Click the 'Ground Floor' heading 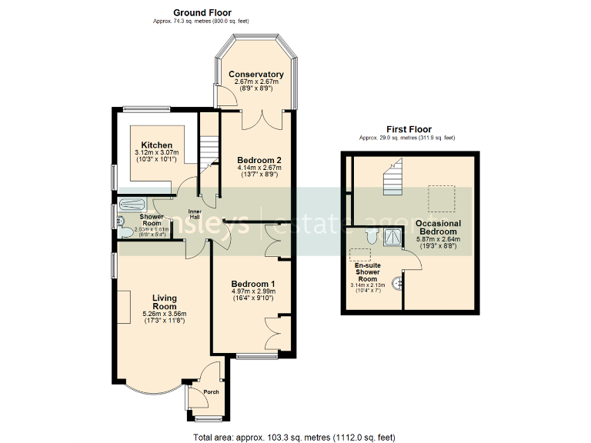[x=202, y=12]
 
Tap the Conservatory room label [x=256, y=75]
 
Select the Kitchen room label [x=156, y=145]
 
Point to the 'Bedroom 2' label [x=256, y=158]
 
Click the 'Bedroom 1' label [x=253, y=284]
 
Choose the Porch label [x=211, y=392]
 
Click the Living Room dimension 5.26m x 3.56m [x=165, y=314]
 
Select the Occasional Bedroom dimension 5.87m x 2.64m [x=437, y=239]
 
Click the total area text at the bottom [x=295, y=437]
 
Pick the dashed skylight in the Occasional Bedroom [x=440, y=199]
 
